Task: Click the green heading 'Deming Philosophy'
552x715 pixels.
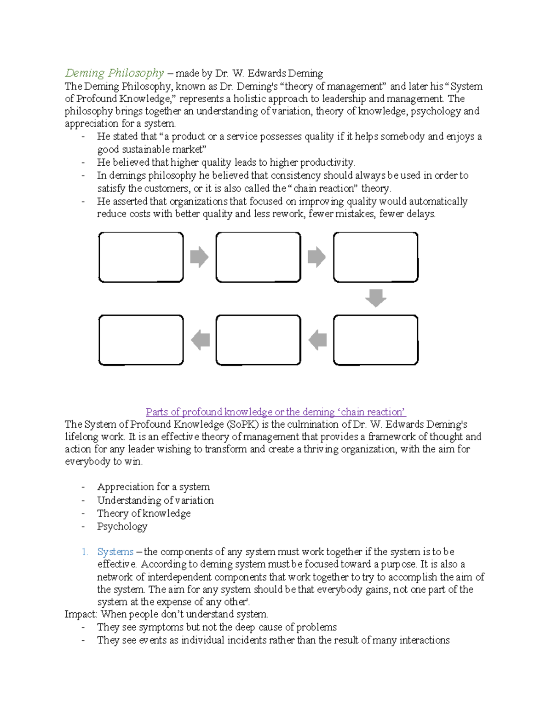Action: pyautogui.click(x=114, y=73)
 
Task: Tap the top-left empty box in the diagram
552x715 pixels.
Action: pyautogui.click(x=141, y=257)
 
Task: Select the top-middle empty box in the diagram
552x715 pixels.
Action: pyautogui.click(x=258, y=257)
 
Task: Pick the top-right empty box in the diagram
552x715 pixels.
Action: pyautogui.click(x=375, y=257)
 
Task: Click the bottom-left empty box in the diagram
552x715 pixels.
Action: pyautogui.click(x=141, y=340)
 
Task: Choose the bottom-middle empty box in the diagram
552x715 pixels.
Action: pyautogui.click(x=258, y=340)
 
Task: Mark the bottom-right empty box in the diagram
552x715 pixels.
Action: pyautogui.click(x=375, y=340)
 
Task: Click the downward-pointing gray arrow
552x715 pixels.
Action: pyautogui.click(x=375, y=298)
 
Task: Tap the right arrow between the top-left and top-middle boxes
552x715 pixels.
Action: pyautogui.click(x=199, y=257)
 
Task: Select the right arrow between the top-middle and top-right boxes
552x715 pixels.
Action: pyautogui.click(x=316, y=257)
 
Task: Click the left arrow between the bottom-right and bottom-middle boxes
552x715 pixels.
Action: pyautogui.click(x=317, y=340)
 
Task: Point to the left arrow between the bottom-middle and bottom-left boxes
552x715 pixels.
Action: pyautogui.click(x=200, y=340)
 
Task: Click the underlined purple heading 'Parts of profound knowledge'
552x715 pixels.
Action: pyautogui.click(x=276, y=412)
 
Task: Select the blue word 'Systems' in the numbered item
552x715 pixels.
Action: pyautogui.click(x=115, y=552)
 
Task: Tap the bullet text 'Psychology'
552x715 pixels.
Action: pyautogui.click(x=122, y=526)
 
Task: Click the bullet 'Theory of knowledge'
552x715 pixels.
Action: pyautogui.click(x=144, y=513)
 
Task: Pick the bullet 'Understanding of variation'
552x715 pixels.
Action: pyautogui.click(x=155, y=500)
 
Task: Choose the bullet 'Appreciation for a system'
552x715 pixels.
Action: pyautogui.click(x=153, y=487)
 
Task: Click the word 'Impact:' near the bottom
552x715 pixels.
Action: pyautogui.click(x=81, y=614)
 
